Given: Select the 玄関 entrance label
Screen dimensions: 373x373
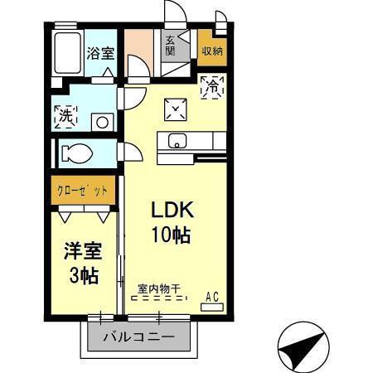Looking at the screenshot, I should pos(169,45).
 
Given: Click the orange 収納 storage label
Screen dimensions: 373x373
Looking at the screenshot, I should pos(211,50).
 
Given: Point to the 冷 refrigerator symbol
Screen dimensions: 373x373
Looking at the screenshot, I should pos(213,85).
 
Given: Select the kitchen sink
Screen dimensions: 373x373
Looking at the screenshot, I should pos(178,140).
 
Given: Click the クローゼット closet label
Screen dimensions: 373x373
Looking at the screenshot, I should pos(82,190).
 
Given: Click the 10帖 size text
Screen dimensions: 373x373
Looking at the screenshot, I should pos(170,235).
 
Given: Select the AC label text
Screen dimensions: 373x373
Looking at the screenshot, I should pos(212,294).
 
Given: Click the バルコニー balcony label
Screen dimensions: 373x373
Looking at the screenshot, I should pos(138,338).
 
